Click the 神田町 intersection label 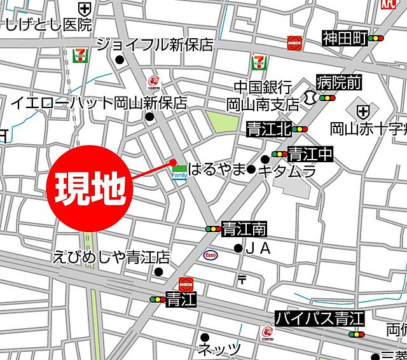point(345,39)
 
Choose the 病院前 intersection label point(339,81)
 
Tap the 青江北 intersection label point(268,130)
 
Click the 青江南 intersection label point(244,228)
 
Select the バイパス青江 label point(319,318)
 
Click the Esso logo point(210,254)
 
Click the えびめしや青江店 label point(111,257)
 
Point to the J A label point(258,249)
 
